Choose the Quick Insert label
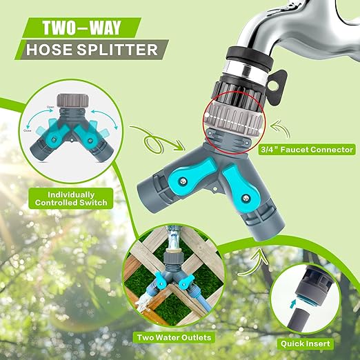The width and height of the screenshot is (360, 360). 312,343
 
